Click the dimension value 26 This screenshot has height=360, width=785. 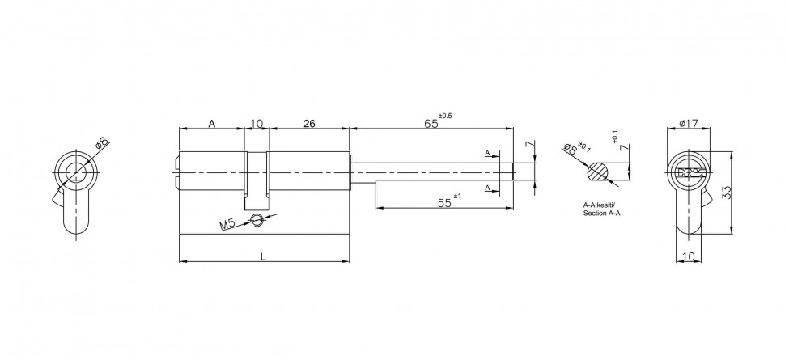[x=309, y=123]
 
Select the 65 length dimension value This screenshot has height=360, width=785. [x=431, y=123]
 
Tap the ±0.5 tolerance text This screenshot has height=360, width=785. [x=445, y=116]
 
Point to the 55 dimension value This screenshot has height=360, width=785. [x=444, y=203]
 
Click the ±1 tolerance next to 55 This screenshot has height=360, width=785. [x=456, y=196]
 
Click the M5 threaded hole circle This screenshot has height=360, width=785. [x=257, y=218]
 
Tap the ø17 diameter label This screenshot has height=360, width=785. [x=689, y=123]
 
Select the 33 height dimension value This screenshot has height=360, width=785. [x=727, y=193]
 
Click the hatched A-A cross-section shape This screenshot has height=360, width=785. [x=598, y=172]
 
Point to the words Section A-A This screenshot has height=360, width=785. [x=600, y=214]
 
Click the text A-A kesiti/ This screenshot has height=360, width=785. [x=600, y=205]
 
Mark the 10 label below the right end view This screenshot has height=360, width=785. [x=689, y=256]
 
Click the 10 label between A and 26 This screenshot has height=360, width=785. [x=257, y=123]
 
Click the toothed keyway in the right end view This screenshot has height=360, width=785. [x=689, y=173]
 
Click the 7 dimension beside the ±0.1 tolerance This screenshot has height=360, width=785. [x=625, y=148]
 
